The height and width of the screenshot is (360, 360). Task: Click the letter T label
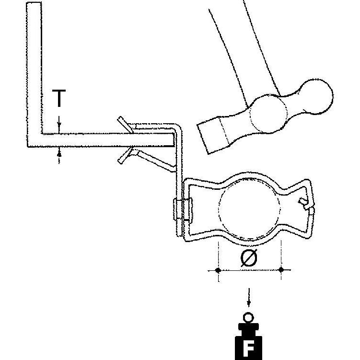coord(59,98)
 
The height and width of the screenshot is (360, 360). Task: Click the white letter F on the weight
coord(248,348)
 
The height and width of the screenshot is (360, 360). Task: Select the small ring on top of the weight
coord(248,318)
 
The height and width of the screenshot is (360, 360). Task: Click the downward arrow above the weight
coord(249,297)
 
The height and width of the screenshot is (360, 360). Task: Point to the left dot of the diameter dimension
coord(218,270)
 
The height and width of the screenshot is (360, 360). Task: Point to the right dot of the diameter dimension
coord(281,270)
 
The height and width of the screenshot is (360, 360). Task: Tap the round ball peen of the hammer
coord(316,97)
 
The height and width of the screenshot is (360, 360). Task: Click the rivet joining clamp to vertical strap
coord(183,209)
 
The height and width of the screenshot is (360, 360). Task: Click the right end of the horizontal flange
coord(174,139)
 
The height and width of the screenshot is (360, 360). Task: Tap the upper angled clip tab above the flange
coord(125,125)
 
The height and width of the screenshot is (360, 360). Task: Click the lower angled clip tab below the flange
coord(125,156)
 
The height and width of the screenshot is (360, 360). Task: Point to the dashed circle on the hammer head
coord(268,114)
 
